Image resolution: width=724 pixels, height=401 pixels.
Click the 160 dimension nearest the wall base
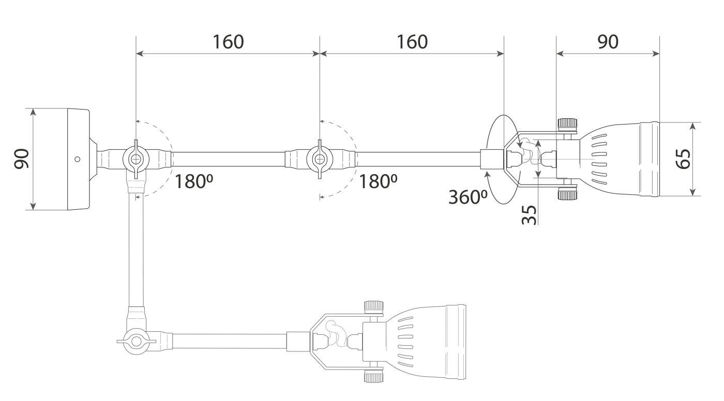click(228, 42)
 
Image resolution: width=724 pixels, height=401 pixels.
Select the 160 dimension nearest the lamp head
click(412, 42)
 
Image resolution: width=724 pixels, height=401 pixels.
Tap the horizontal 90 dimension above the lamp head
click(608, 42)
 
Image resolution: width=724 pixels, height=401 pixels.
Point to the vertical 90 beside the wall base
click(21, 159)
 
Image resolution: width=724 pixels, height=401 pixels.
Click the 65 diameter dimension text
click(683, 159)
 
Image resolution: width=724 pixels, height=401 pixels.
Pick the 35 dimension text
click(529, 214)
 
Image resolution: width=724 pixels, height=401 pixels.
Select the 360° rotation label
click(467, 197)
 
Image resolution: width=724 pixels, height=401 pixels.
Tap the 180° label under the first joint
click(194, 181)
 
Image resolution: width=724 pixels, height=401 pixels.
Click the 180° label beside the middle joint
click(378, 181)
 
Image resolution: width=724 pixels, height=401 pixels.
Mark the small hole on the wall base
click(77, 159)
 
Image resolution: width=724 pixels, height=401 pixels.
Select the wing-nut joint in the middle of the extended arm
click(320, 159)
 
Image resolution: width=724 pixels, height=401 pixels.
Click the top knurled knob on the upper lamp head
click(567, 125)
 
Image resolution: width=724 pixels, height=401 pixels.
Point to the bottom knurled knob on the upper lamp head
click(567, 194)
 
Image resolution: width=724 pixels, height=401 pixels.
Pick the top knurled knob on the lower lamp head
click(374, 306)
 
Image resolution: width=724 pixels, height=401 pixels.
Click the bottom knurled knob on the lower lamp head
click(374, 376)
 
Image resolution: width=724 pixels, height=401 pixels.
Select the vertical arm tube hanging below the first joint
click(135, 248)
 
